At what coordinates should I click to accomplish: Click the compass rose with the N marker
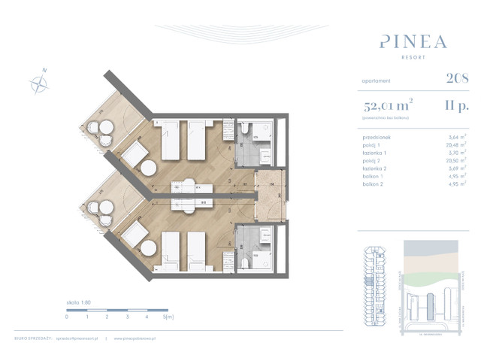[x=38, y=83]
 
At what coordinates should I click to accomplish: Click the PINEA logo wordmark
[x=413, y=41]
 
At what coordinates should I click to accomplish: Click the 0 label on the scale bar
[x=67, y=317]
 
